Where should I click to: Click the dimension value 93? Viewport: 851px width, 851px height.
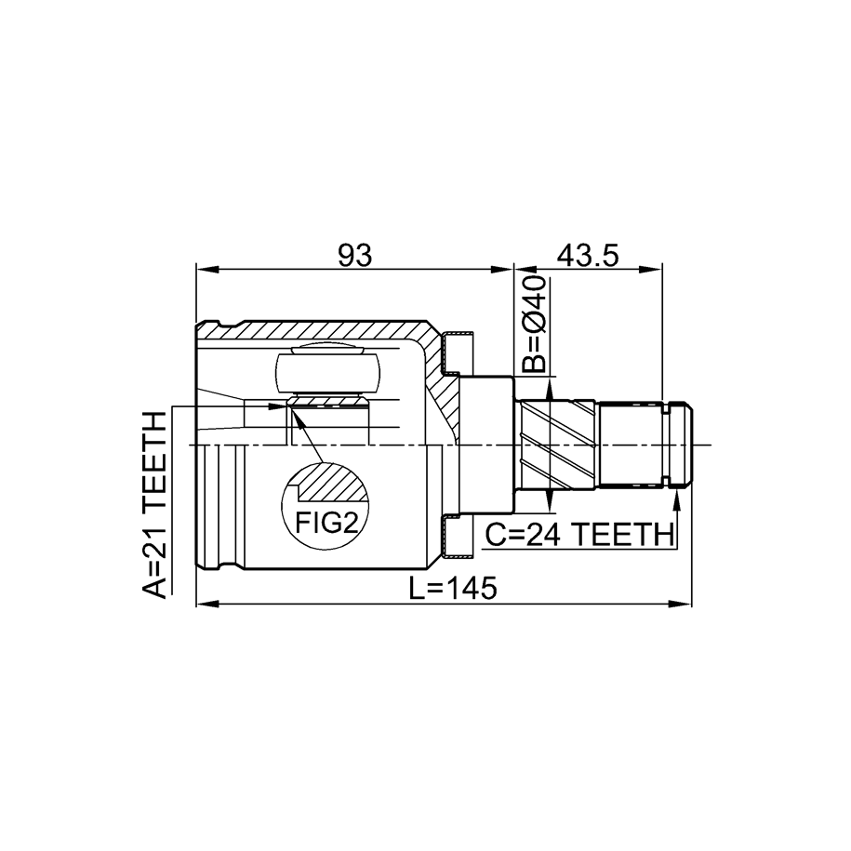point(355,255)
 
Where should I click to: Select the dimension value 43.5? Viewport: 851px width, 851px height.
point(588,255)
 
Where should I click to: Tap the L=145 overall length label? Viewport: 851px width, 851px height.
point(453,588)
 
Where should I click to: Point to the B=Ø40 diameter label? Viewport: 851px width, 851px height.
point(534,324)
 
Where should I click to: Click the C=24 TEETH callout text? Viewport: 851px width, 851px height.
point(578,535)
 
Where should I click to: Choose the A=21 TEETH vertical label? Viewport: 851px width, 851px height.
point(154,505)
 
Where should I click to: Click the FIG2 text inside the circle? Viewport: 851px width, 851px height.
point(326,523)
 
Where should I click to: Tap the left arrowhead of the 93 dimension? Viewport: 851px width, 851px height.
point(207,269)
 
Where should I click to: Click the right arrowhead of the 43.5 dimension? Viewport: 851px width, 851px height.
point(651,269)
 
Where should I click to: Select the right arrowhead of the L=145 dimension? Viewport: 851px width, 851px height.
point(681,604)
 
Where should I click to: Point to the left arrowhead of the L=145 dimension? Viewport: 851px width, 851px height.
point(207,604)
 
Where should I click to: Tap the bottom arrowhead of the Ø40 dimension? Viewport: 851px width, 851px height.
point(550,500)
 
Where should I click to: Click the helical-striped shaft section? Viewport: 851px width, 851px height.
point(557,445)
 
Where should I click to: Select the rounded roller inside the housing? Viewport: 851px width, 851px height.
point(327,373)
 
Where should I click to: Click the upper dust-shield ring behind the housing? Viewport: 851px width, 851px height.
point(459,353)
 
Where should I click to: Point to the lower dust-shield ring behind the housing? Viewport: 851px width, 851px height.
point(459,537)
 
